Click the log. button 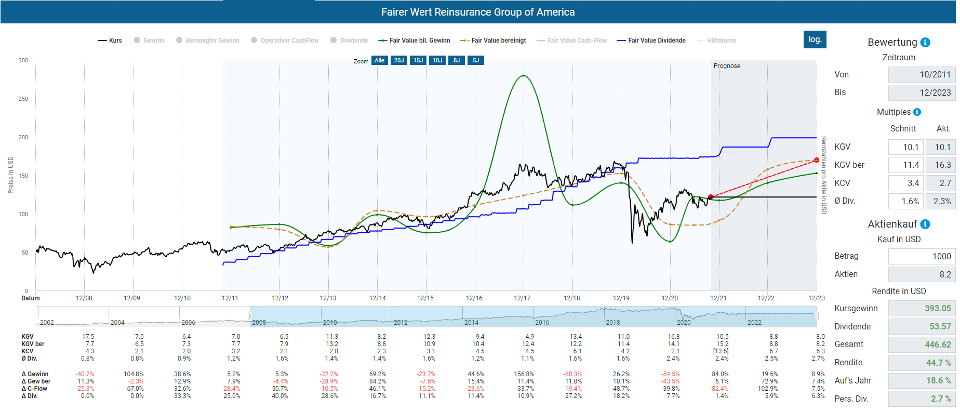(815, 39)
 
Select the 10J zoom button (437, 60)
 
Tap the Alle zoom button (379, 60)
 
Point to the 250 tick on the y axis (23, 99)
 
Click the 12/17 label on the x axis (522, 298)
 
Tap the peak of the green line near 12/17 (523, 76)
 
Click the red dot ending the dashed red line (817, 160)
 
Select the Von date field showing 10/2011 (922, 74)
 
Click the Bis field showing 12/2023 (922, 92)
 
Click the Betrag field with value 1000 (922, 256)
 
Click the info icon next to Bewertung (925, 43)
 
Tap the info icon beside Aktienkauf (925, 224)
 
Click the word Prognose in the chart (727, 66)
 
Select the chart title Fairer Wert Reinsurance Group (478, 12)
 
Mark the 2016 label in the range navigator (542, 323)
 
